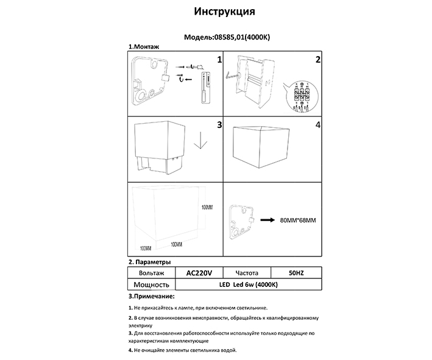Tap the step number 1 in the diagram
point(219,60)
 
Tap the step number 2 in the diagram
point(317,60)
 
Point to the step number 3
point(219,125)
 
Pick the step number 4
point(317,125)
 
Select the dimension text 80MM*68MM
point(297,220)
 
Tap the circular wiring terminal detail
point(302,95)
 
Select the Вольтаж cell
point(150,273)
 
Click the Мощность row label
point(150,284)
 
